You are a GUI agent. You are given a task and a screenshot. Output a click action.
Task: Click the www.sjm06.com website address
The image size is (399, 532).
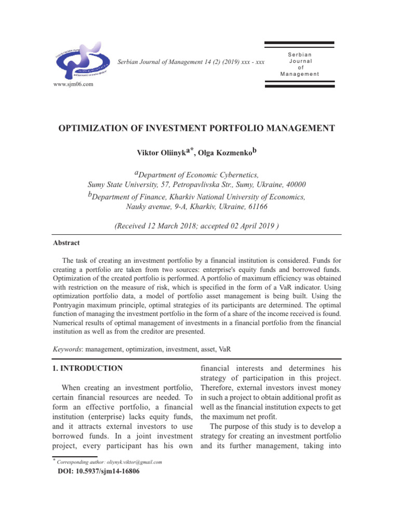tap(73, 84)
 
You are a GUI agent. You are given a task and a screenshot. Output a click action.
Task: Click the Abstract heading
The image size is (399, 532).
tap(66, 243)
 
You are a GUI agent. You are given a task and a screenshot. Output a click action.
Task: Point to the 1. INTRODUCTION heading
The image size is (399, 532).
tap(88, 368)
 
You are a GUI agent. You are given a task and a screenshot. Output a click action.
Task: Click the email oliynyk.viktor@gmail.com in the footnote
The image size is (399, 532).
tap(134, 462)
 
